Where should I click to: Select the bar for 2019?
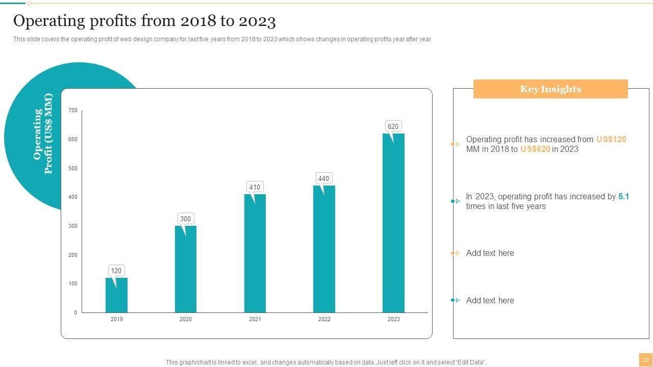point(116,295)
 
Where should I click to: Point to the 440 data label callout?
point(323,178)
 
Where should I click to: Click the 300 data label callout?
point(185,219)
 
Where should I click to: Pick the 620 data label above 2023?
point(393,126)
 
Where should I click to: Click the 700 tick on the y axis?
point(73,110)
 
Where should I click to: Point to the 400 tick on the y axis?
point(73,197)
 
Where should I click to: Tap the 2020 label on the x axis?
point(186,319)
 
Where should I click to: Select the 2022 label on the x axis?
point(324,319)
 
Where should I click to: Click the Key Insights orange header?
point(550,89)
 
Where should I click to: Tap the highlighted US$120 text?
point(611,139)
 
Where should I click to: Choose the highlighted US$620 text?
point(535,149)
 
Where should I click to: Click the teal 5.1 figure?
point(623,196)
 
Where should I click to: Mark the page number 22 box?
point(645,360)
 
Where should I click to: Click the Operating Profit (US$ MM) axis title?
point(43,134)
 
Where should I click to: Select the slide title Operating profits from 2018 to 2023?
point(144,21)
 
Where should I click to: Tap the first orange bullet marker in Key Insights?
point(456,144)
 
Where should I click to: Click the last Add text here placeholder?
point(490,300)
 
